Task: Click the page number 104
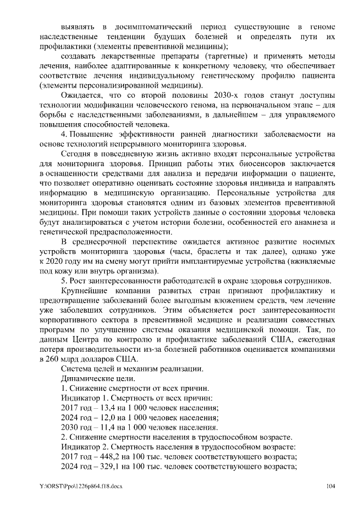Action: pyautogui.click(x=331, y=486)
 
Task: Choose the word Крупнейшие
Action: pyautogui.click(x=86, y=291)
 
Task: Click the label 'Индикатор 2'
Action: pyautogui.click(x=84, y=448)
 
